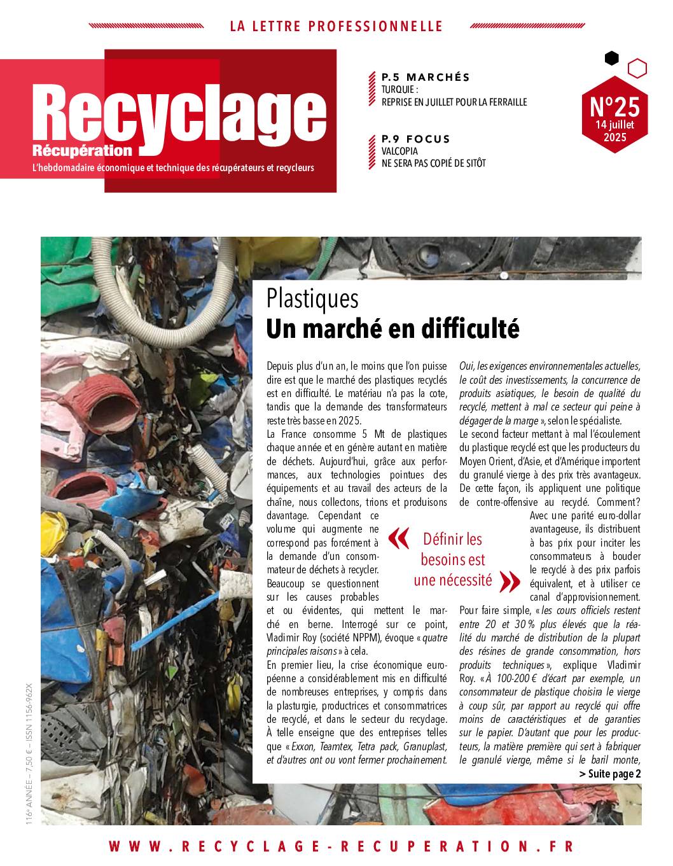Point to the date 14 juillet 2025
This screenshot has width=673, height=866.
pos(614,131)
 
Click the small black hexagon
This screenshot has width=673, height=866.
pos(611,59)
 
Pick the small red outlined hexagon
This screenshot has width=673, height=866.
pos(637,67)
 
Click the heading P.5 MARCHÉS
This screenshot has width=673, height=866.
pos(426,78)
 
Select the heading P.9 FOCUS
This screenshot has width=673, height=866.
pos(415,139)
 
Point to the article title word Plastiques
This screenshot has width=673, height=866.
pos(312,299)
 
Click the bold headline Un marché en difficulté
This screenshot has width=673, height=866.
pos(392,329)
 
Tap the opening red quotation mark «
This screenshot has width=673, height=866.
pos(398,539)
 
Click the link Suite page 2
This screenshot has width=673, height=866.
pos(610,774)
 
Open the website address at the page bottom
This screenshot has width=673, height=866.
pos(341,846)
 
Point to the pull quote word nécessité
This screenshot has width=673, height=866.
pos(453,580)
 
